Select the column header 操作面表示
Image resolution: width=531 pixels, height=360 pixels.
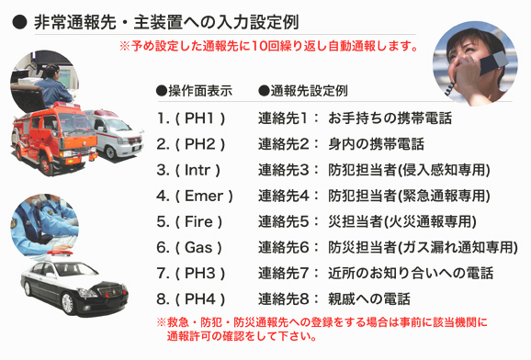click(x=194, y=92)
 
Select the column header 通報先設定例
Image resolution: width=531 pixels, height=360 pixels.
click(x=303, y=92)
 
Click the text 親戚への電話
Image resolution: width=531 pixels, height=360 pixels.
click(x=368, y=298)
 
